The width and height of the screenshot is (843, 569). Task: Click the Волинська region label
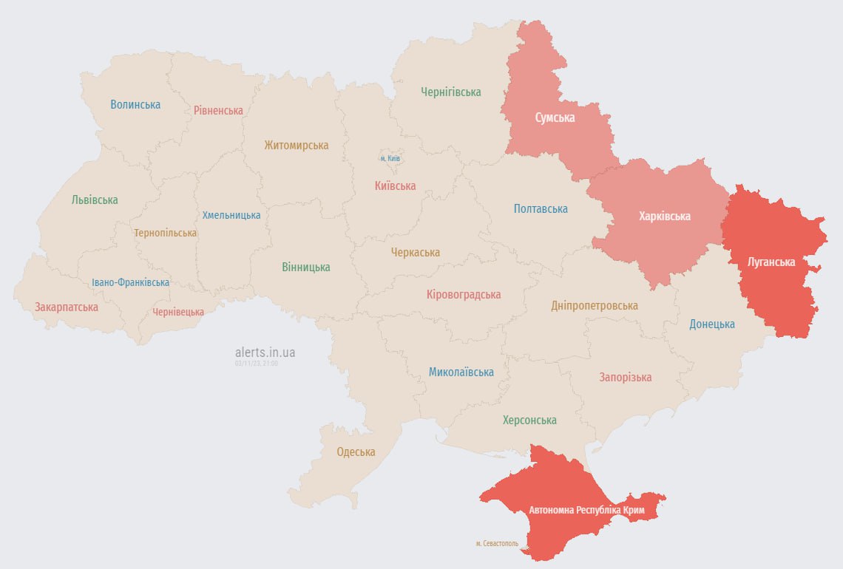[x=135, y=104]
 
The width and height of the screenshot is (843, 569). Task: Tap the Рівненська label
[x=218, y=110]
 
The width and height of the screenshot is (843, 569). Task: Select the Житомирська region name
[x=296, y=145]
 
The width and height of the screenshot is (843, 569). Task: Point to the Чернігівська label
[x=450, y=92]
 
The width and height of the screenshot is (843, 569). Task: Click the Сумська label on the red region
[x=555, y=117]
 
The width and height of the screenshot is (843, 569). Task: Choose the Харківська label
[x=664, y=216]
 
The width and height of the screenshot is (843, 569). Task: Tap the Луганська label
[x=771, y=262]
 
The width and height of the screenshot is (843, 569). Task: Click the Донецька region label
[x=711, y=324]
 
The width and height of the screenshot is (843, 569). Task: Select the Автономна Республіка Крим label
[x=586, y=510]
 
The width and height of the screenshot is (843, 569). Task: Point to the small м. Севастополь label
[x=497, y=543]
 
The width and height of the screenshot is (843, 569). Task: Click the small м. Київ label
[x=390, y=158]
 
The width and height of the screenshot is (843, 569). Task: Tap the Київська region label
[x=395, y=185]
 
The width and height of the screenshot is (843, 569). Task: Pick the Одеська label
[x=356, y=452]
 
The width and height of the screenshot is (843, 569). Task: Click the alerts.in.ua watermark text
[x=265, y=352]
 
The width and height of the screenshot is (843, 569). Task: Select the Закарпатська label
[x=66, y=307]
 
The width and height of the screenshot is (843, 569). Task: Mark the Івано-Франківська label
[x=130, y=282]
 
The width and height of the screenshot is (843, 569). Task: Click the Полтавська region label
[x=541, y=208]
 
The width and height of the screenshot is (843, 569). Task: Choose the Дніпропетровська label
[x=594, y=305]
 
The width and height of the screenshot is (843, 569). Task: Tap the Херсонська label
[x=529, y=420]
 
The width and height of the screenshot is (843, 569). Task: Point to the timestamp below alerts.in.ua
[x=257, y=364]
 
